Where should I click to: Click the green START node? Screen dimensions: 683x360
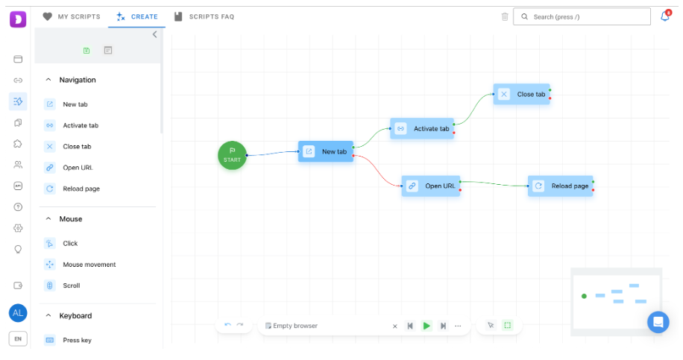pyautogui.click(x=232, y=156)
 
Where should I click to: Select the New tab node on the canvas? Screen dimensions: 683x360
pyautogui.click(x=326, y=151)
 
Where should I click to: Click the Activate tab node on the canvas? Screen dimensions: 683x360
pyautogui.click(x=422, y=128)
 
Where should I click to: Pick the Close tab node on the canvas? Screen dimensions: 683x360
pyautogui.click(x=521, y=94)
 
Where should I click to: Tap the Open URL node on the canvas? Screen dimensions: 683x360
pyautogui.click(x=431, y=186)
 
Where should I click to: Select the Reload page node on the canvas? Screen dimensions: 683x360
pyautogui.click(x=560, y=186)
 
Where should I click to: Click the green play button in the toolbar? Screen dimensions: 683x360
pyautogui.click(x=427, y=326)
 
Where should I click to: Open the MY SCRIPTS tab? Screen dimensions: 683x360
pyautogui.click(x=72, y=16)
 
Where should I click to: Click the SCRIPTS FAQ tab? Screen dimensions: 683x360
pyautogui.click(x=204, y=16)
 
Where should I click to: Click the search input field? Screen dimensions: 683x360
pyautogui.click(x=582, y=16)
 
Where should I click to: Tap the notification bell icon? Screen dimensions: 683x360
pyautogui.click(x=665, y=16)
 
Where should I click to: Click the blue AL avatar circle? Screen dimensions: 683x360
pyautogui.click(x=18, y=312)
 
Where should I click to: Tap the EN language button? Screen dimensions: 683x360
pyautogui.click(x=18, y=338)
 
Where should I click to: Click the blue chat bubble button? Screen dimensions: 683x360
pyautogui.click(x=658, y=322)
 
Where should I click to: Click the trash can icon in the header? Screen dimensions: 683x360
pyautogui.click(x=505, y=16)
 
